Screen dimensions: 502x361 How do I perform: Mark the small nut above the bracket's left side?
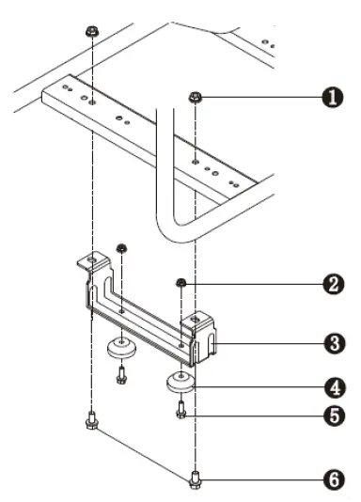tap(121, 248)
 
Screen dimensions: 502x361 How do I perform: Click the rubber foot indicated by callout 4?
tap(180, 381)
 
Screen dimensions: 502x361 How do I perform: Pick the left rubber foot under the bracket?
tap(120, 347)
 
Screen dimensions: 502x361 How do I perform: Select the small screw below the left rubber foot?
tap(121, 373)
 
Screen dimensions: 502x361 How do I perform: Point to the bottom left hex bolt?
tap(90, 419)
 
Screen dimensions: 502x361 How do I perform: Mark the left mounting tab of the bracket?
tap(90, 263)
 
